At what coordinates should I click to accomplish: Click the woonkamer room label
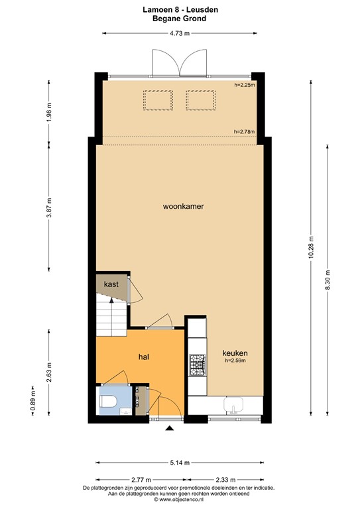click(182, 206)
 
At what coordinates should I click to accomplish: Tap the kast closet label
click(111, 284)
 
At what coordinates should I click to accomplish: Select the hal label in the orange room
click(143, 357)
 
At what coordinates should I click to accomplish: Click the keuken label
click(235, 353)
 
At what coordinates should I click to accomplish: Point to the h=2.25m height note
click(245, 85)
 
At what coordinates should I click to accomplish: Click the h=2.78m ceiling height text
click(245, 132)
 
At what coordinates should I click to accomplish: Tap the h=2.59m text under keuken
click(235, 361)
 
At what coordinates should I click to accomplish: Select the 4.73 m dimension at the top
click(179, 32)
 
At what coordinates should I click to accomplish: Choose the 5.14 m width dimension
click(179, 463)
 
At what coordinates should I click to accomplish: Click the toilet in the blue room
click(108, 402)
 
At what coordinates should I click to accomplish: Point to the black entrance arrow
click(169, 429)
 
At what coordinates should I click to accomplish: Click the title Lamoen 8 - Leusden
click(179, 10)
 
